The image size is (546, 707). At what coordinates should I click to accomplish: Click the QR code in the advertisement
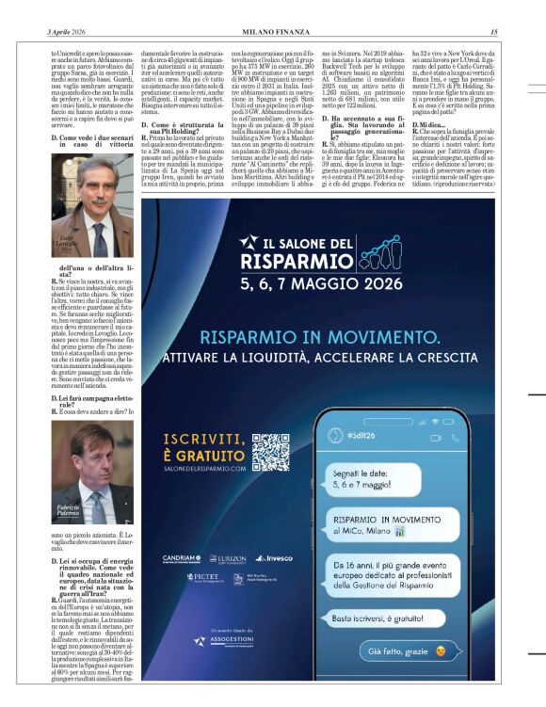(270, 452)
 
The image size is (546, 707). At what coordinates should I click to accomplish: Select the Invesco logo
(274, 558)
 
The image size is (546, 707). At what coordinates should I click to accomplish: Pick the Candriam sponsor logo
(182, 558)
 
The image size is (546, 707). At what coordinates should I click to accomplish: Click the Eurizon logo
(228, 558)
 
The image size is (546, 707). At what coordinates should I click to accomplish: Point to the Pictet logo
(202, 577)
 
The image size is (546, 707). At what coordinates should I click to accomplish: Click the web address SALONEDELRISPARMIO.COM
(204, 467)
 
